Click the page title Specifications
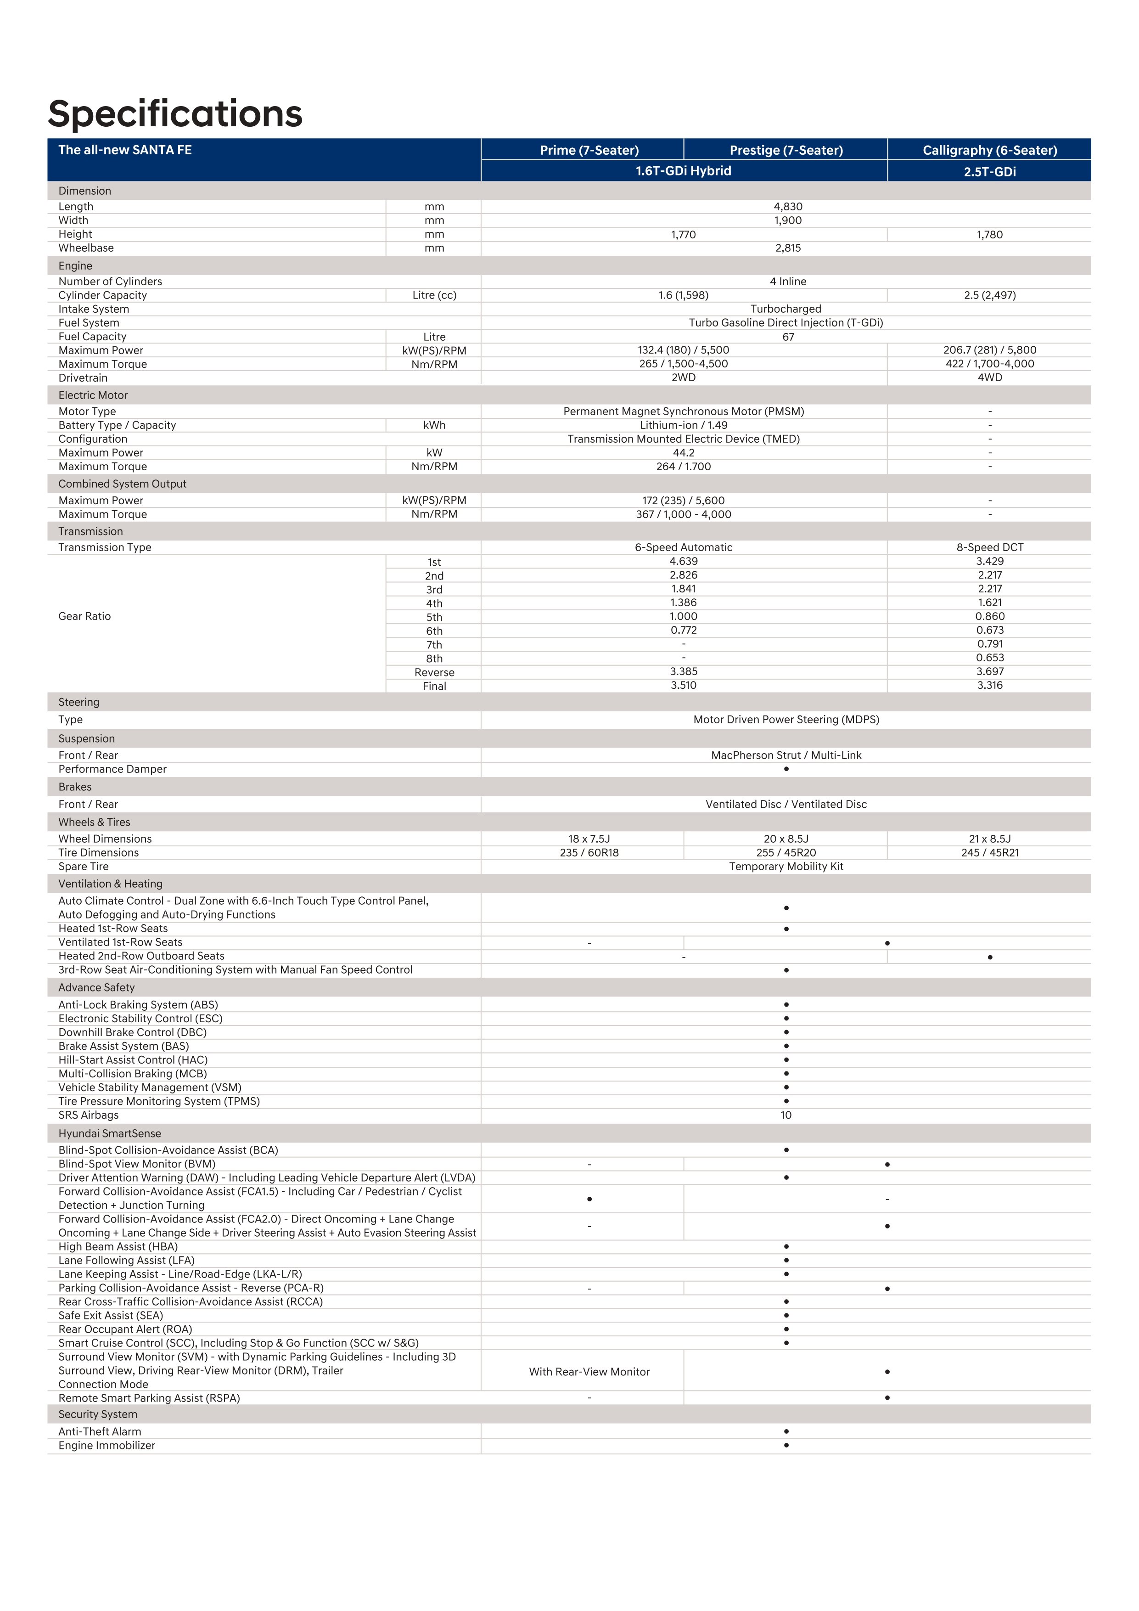(175, 114)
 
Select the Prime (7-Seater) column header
(589, 150)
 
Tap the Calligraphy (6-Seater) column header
(990, 150)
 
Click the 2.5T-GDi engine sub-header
(990, 172)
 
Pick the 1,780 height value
(990, 234)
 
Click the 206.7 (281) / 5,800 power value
(990, 350)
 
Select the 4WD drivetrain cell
(990, 377)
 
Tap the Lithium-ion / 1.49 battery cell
(683, 425)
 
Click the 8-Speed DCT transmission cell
(990, 547)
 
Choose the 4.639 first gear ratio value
(683, 561)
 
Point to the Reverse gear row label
(434, 672)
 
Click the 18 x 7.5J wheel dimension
(589, 839)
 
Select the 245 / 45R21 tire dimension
(990, 852)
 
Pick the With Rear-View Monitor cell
(589, 1372)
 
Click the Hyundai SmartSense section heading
(109, 1133)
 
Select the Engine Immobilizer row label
(107, 1445)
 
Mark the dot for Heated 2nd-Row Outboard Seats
(990, 957)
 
